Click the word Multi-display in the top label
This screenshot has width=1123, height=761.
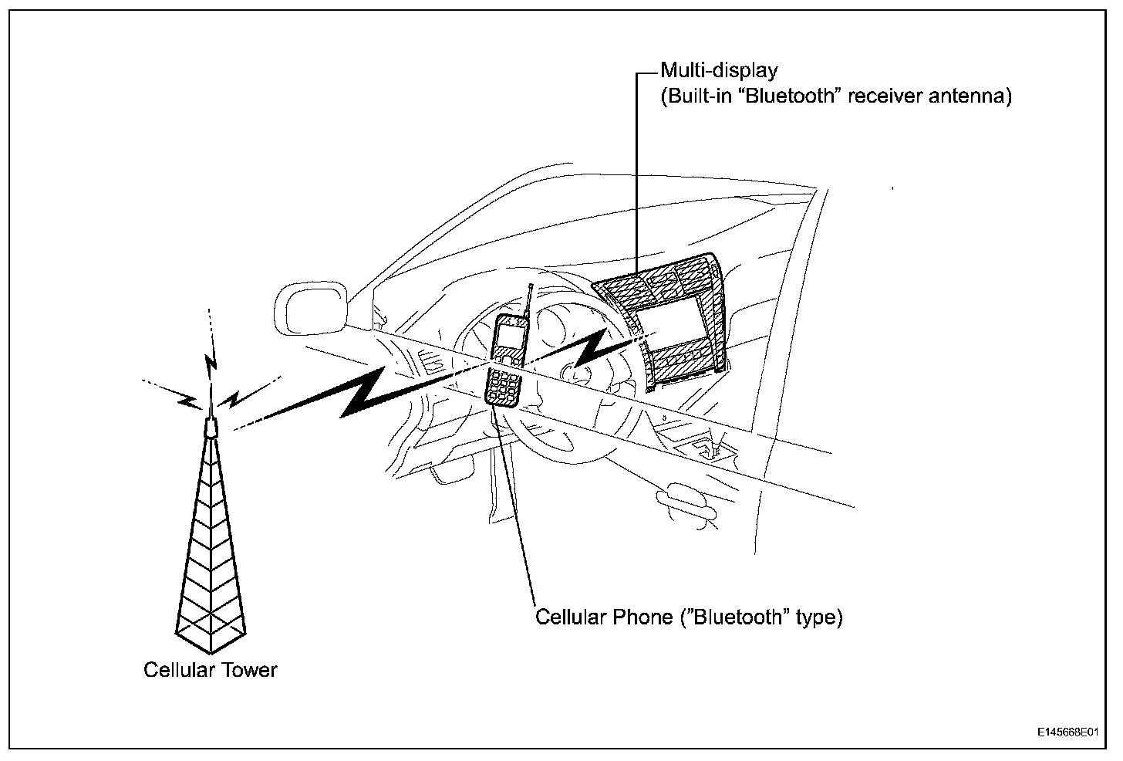[x=719, y=71]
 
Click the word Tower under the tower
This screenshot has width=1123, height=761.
[x=249, y=669]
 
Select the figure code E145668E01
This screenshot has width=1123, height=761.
[x=1067, y=730]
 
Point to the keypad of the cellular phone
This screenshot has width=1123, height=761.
[x=503, y=385]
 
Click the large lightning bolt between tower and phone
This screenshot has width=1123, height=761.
[x=363, y=393]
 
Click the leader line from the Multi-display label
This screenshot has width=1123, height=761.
[x=636, y=170]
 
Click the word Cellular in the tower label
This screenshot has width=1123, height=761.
[x=178, y=669]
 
